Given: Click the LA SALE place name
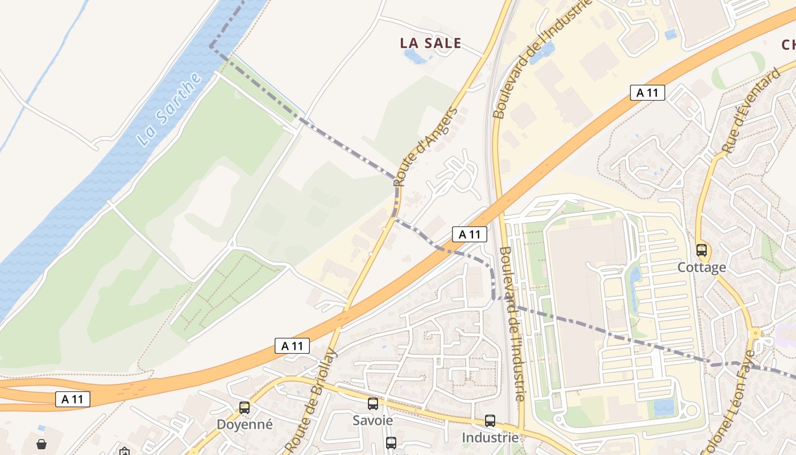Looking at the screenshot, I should [x=430, y=43].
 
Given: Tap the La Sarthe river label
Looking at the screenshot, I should [x=170, y=109].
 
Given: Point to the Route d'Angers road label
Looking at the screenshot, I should [x=426, y=146].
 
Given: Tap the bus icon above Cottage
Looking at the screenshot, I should [x=702, y=250].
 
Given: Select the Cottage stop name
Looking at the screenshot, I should [x=702, y=267].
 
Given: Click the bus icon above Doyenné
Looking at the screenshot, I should [x=244, y=407].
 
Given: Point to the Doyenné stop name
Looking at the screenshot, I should [x=244, y=424].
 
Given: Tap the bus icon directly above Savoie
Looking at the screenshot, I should [x=373, y=404].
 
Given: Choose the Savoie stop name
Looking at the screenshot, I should [x=373, y=420].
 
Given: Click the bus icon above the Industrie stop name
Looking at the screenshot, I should [x=490, y=421].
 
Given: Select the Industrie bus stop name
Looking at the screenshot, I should [x=490, y=437].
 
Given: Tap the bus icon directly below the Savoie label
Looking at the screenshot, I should [x=391, y=442].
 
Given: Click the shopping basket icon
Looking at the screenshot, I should [x=42, y=444].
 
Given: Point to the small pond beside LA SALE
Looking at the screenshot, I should [x=413, y=56].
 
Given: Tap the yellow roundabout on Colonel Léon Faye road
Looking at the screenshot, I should [x=755, y=333].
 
